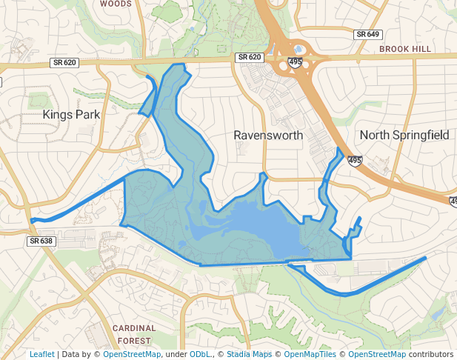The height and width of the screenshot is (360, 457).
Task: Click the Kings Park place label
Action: [x=71, y=114]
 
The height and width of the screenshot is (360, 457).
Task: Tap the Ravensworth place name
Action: [x=268, y=136]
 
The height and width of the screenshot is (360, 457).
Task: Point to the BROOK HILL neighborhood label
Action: [x=404, y=49]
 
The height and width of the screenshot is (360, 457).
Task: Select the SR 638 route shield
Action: [x=41, y=241]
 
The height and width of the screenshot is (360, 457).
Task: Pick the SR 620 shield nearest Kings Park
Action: [x=65, y=63]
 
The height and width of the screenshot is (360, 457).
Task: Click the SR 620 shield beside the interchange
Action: [x=250, y=57]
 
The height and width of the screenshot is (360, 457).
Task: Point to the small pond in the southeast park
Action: [x=435, y=315]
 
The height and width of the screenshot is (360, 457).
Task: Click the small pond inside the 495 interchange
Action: [x=288, y=50]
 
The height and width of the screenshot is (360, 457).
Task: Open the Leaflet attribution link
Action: [x=41, y=354]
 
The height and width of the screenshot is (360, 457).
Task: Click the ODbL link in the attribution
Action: [x=200, y=354]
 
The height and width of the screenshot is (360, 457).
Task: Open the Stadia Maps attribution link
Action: [x=249, y=354]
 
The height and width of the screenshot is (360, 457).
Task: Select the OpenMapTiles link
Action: [x=310, y=354]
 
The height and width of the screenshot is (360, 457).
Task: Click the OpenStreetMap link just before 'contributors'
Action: [x=377, y=354]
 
